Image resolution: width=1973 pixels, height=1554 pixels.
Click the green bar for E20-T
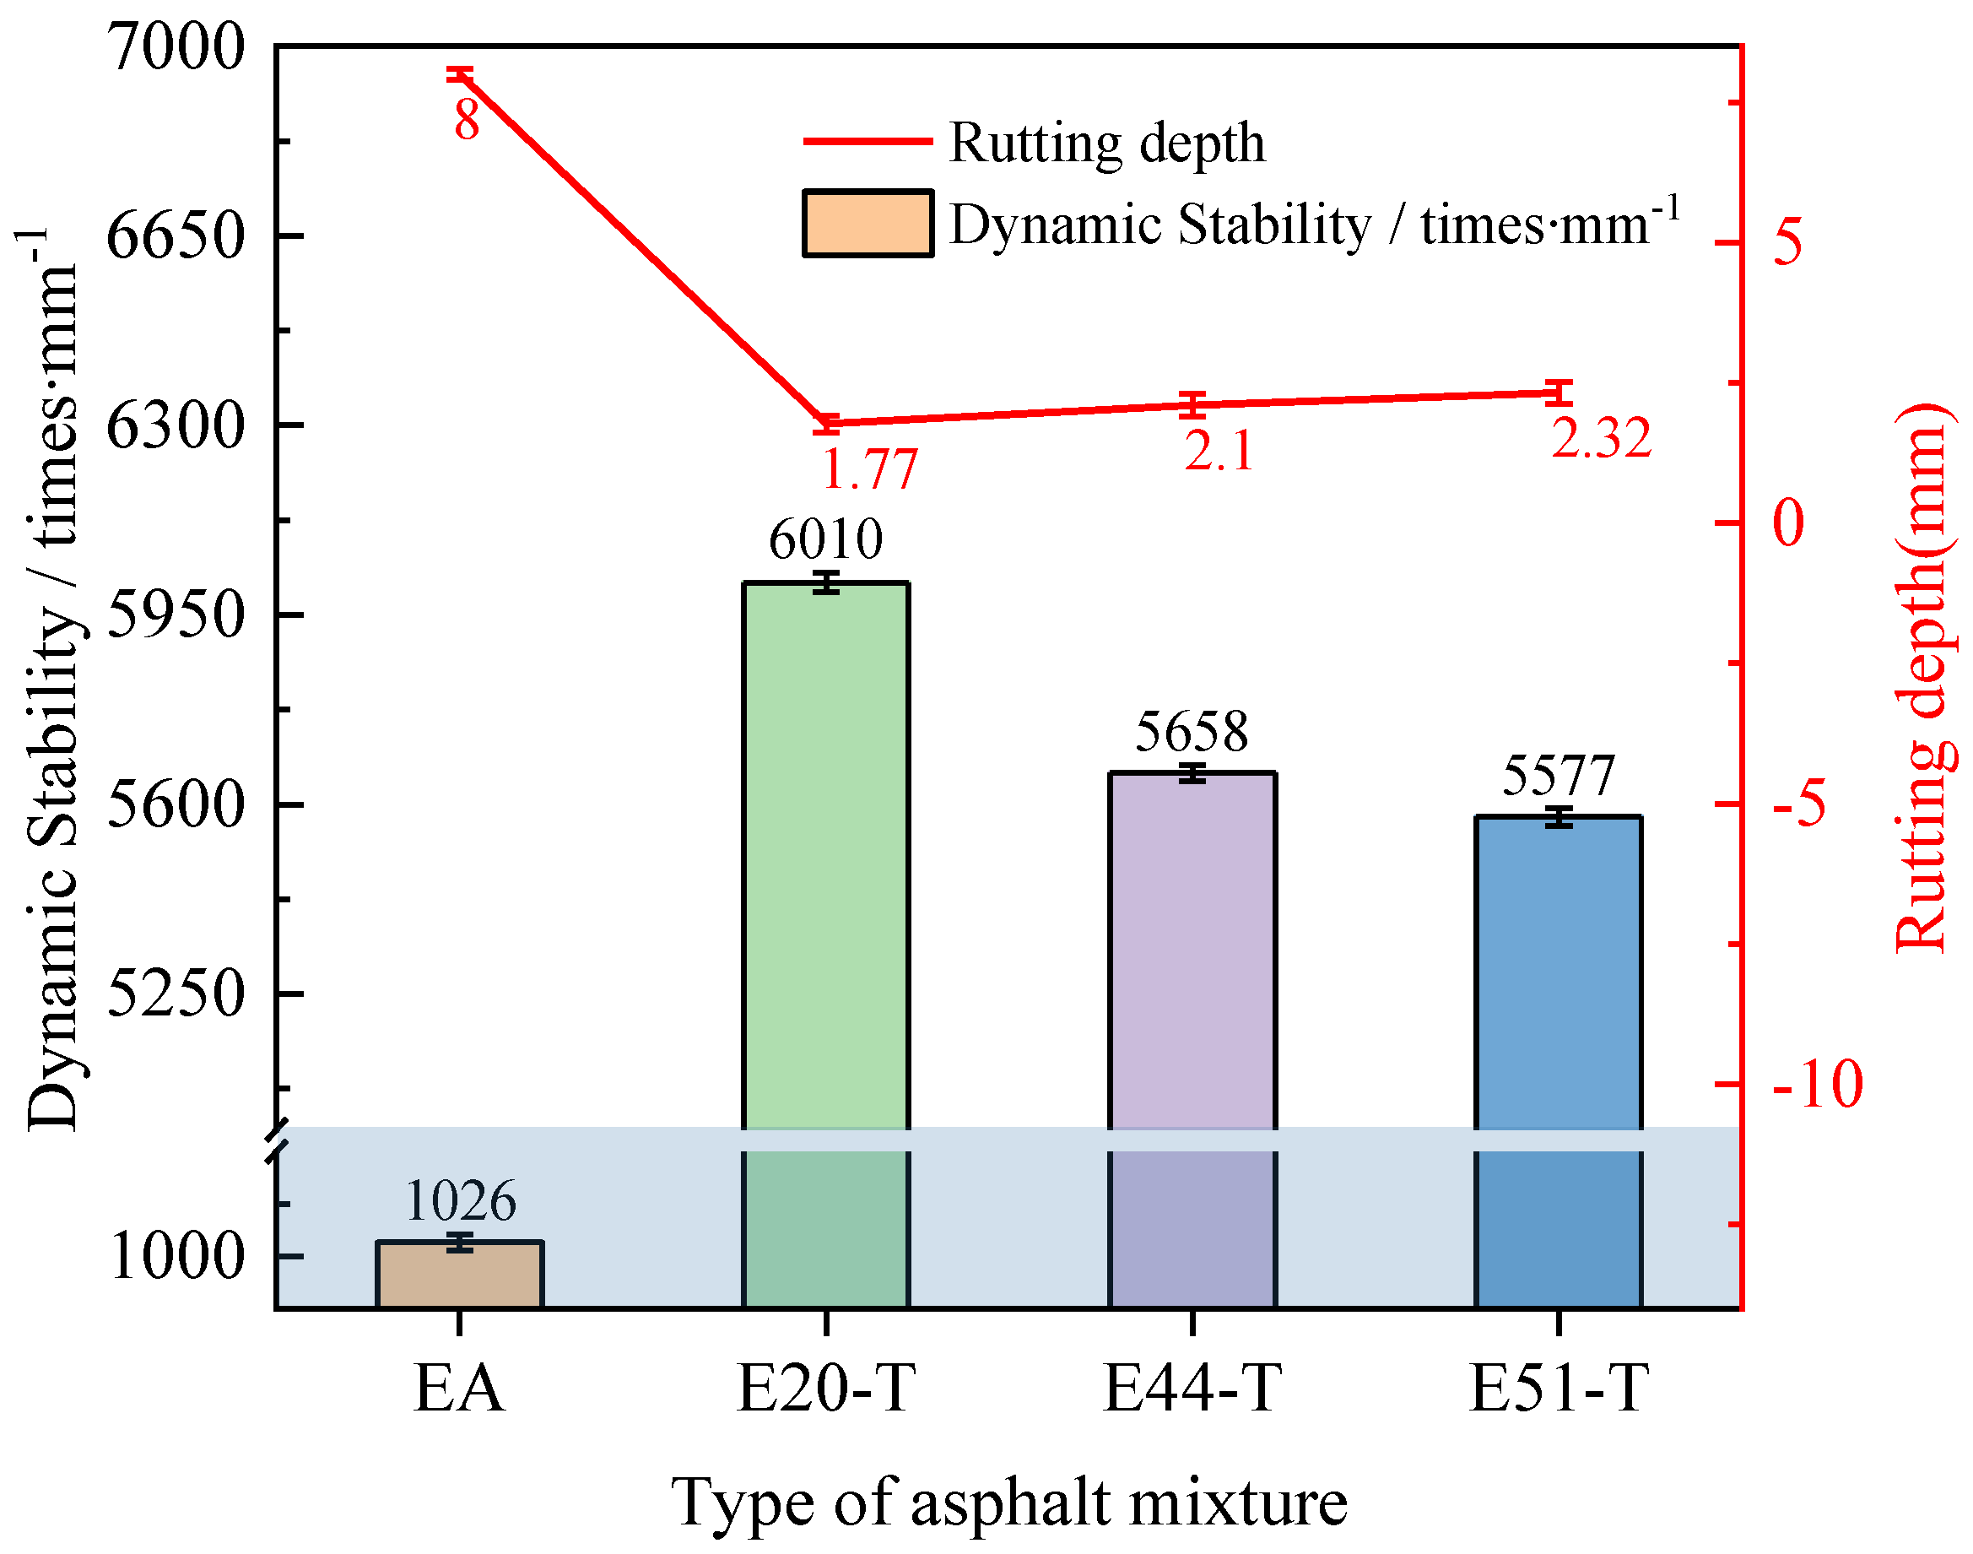point(825,855)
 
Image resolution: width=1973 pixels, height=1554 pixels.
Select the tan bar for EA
point(459,1275)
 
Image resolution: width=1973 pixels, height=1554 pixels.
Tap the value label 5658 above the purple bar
point(1191,732)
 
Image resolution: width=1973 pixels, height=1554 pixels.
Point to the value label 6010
point(825,539)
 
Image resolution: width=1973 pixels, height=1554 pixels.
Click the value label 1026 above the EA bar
point(459,1201)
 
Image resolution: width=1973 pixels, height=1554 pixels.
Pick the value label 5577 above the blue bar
point(1557,776)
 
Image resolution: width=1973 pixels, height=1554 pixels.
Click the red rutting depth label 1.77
point(868,470)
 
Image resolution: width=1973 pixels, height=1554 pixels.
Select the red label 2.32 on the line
point(1601,439)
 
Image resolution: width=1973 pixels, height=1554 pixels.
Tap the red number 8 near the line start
point(466,120)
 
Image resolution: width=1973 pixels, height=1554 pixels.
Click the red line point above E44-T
point(1192,405)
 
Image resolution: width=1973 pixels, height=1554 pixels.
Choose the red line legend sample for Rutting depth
point(867,142)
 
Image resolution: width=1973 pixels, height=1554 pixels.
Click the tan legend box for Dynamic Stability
point(867,224)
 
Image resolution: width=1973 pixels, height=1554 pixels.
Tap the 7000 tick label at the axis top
point(176,46)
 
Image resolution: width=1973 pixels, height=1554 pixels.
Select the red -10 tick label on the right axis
point(1817,1085)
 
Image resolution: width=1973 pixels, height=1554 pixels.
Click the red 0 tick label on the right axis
point(1788,523)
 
